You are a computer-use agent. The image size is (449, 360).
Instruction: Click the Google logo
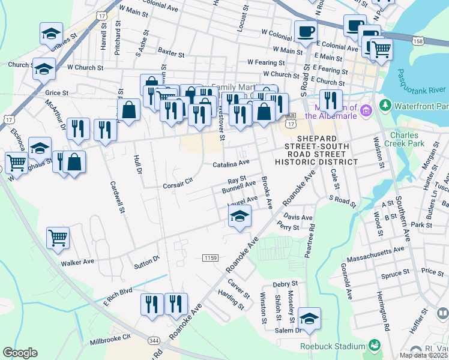[x=20, y=353]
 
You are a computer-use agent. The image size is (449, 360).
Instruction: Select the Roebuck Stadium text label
[x=333, y=346]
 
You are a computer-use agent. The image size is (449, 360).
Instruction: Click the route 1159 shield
[x=210, y=257]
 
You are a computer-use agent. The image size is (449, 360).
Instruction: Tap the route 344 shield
[x=154, y=340]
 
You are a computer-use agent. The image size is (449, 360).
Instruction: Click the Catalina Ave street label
[x=231, y=163]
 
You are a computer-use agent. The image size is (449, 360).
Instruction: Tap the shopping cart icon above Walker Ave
[x=58, y=238]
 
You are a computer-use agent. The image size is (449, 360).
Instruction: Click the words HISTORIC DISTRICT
[x=316, y=162]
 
